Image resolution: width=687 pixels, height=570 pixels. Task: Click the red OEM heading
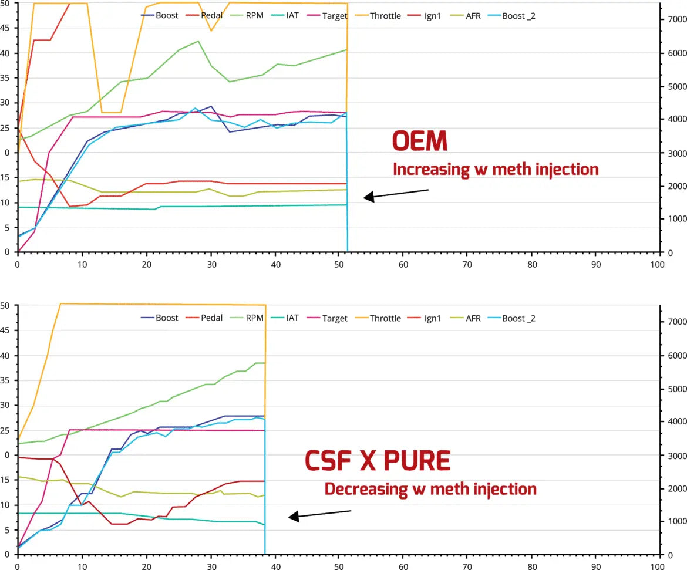coord(420,143)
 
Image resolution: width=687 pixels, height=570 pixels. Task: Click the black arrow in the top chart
coord(396,194)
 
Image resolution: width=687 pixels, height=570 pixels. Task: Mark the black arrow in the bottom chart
coord(319,514)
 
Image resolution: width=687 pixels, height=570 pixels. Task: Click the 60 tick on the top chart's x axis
coord(403,264)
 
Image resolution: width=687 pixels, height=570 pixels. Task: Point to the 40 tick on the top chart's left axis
coord(7,53)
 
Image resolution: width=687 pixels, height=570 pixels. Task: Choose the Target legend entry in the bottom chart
coord(335,318)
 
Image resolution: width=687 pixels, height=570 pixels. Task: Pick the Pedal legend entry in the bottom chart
coord(211,318)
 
